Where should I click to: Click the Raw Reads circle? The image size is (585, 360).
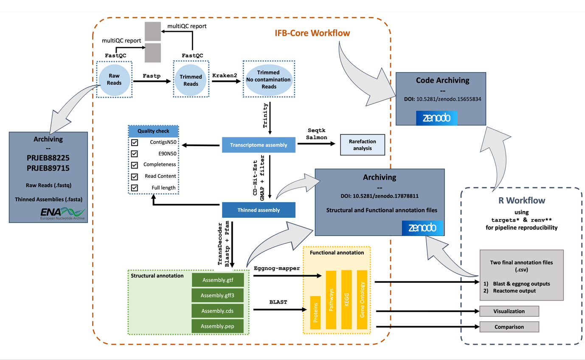pyautogui.click(x=114, y=79)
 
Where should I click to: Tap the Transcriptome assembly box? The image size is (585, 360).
pyautogui.click(x=259, y=145)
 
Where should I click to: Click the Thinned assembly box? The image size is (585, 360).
pyautogui.click(x=259, y=210)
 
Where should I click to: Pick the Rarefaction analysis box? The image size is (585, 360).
pyautogui.click(x=363, y=145)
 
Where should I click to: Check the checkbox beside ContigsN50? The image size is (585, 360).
pyautogui.click(x=135, y=142)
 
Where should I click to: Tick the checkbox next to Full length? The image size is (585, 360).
pyautogui.click(x=135, y=188)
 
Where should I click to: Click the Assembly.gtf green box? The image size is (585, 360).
pyautogui.click(x=218, y=280)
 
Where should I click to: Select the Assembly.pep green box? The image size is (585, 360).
pyautogui.click(x=218, y=326)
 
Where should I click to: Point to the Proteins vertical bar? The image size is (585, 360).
pyautogui.click(x=315, y=312)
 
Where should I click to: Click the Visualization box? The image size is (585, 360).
pyautogui.click(x=509, y=311)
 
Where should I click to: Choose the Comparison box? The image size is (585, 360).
pyautogui.click(x=509, y=327)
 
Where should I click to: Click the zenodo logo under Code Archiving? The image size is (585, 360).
pyautogui.click(x=436, y=118)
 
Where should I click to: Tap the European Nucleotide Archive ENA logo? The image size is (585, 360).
pyautogui.click(x=62, y=214)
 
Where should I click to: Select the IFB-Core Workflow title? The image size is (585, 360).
pyautogui.click(x=312, y=33)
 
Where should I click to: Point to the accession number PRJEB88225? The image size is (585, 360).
pyautogui.click(x=48, y=157)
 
